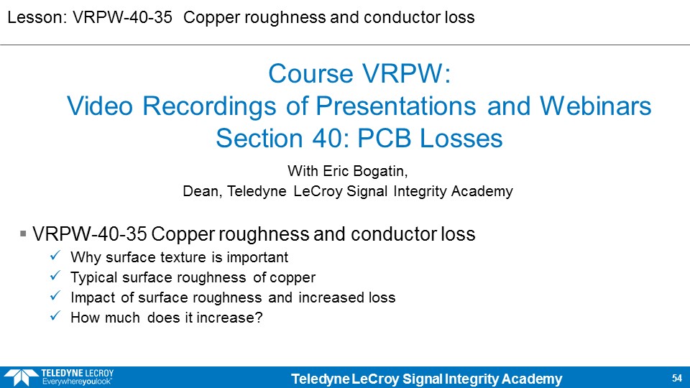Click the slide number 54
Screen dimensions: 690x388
(x=677, y=378)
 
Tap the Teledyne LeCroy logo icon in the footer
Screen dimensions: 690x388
(x=21, y=377)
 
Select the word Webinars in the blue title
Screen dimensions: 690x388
(x=595, y=106)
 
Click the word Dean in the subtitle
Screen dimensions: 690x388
(x=202, y=191)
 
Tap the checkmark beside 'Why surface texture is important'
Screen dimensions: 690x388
(x=55, y=256)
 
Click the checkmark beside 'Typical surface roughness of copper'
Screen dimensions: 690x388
(x=55, y=276)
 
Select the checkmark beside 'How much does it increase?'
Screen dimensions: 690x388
(x=55, y=316)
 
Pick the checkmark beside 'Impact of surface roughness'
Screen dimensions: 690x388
(x=55, y=296)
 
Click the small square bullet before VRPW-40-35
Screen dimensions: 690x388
(x=23, y=234)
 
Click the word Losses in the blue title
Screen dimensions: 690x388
(x=461, y=139)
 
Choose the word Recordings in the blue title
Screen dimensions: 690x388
(x=209, y=106)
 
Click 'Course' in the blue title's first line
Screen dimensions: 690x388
(x=311, y=73)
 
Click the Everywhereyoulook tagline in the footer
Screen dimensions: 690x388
(x=77, y=382)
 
